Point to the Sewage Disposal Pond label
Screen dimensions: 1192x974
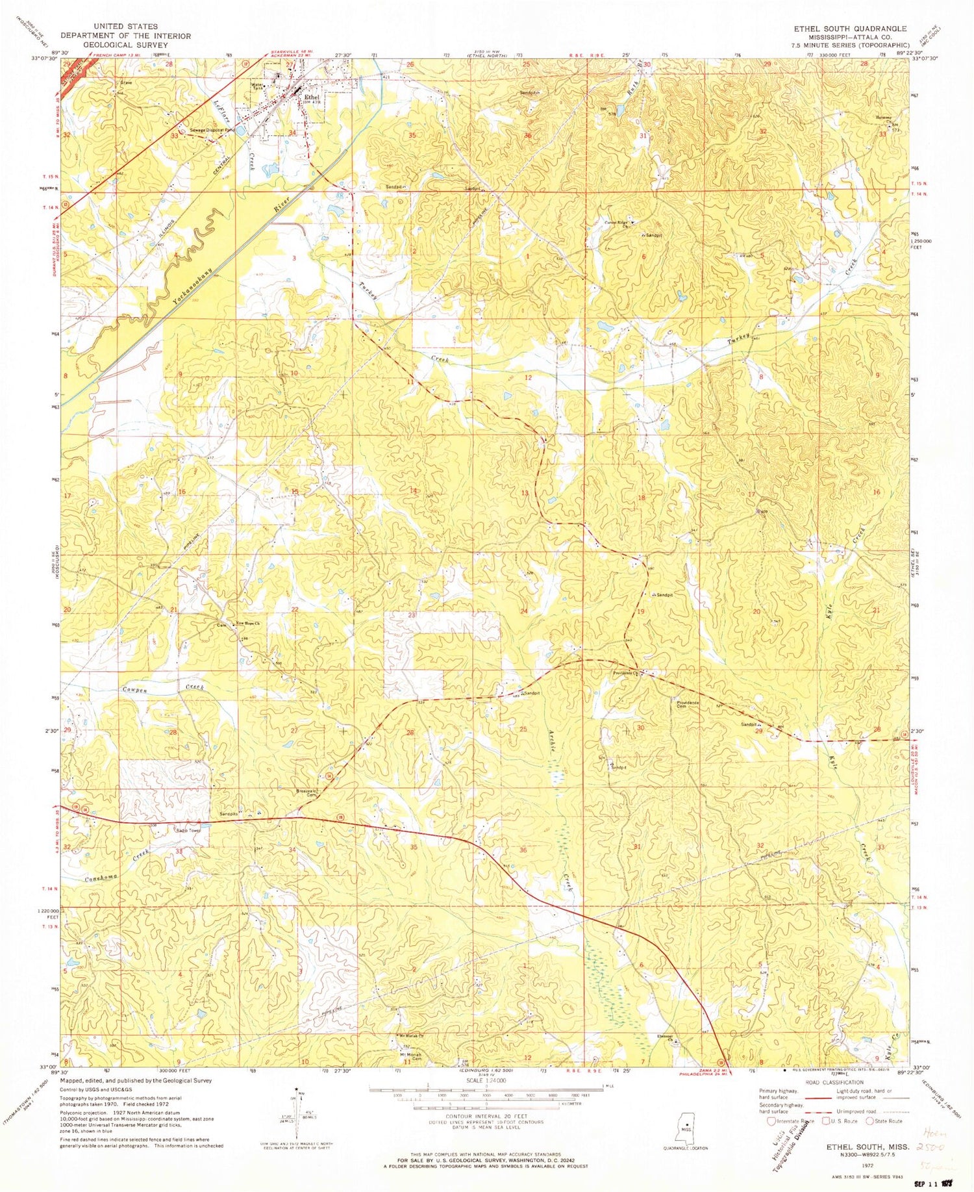tap(211, 130)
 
